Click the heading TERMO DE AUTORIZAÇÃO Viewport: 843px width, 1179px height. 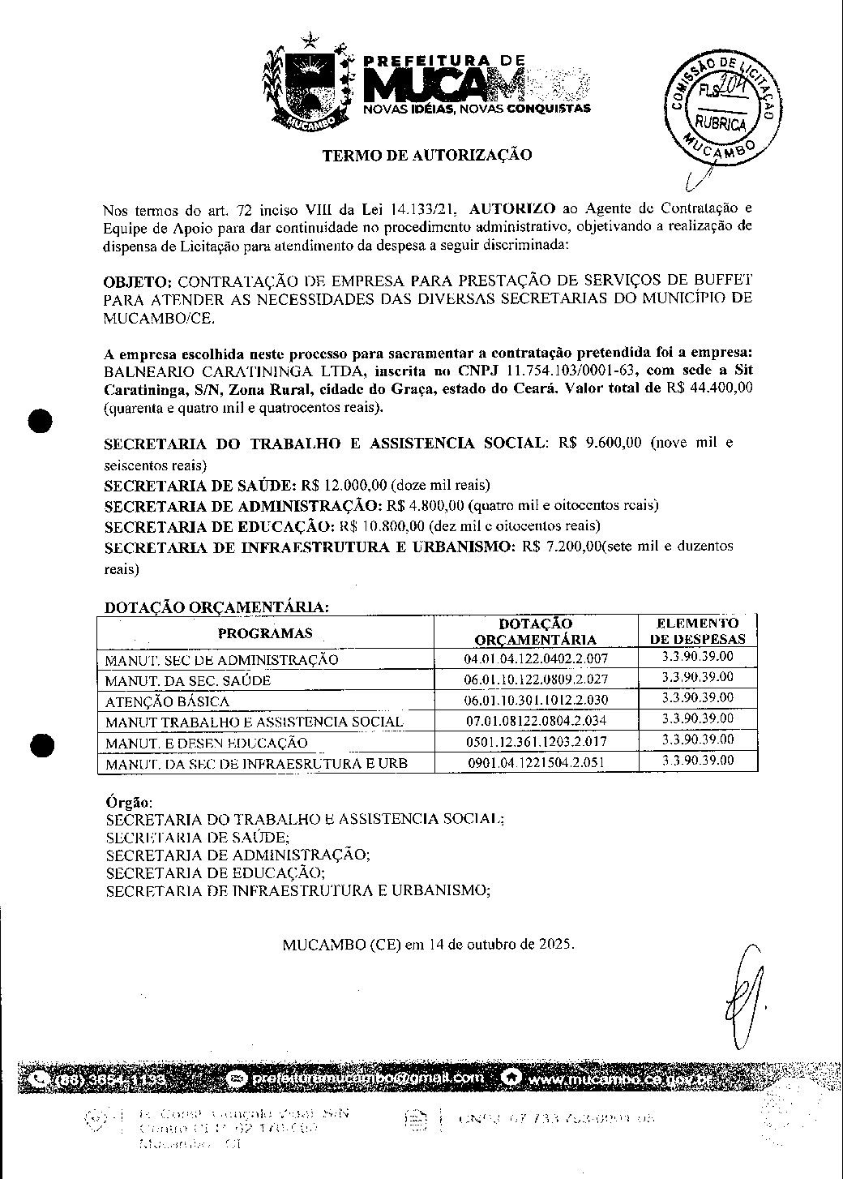pyautogui.click(x=427, y=155)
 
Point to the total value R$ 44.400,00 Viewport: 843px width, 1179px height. pyautogui.click(x=709, y=388)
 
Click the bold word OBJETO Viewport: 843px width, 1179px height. pyautogui.click(x=138, y=282)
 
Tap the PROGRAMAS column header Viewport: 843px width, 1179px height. pyautogui.click(x=265, y=633)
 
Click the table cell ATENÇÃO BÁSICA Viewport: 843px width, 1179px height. pyautogui.click(x=168, y=701)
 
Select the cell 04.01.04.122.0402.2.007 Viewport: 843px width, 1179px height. pyautogui.click(x=536, y=659)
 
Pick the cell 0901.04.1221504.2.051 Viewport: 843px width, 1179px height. pyautogui.click(x=536, y=763)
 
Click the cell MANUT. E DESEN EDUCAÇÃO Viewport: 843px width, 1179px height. pyautogui.click(x=207, y=743)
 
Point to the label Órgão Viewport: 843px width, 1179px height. pyautogui.click(x=124, y=801)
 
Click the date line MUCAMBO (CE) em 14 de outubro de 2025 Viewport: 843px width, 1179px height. pyautogui.click(x=429, y=945)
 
